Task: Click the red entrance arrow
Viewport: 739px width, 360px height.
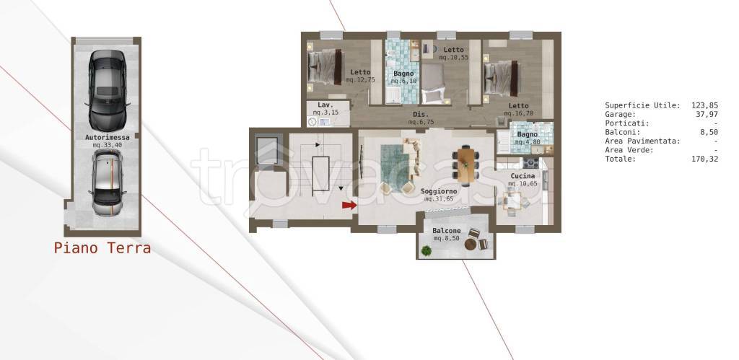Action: tap(349, 205)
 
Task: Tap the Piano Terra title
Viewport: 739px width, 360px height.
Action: tap(102, 248)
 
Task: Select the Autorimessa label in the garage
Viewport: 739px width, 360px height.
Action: tap(108, 138)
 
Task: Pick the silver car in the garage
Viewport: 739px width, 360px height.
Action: tap(108, 182)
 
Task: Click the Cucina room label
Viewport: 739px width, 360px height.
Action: tap(522, 176)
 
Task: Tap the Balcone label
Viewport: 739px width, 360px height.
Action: tap(447, 231)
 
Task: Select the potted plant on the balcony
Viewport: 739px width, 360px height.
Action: tap(426, 250)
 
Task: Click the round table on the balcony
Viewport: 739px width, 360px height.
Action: tap(471, 245)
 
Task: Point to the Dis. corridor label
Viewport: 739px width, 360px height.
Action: tap(421, 115)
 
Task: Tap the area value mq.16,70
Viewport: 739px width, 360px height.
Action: tap(518, 113)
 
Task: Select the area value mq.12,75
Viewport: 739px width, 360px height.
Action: tap(361, 80)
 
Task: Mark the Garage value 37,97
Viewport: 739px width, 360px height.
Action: tap(707, 115)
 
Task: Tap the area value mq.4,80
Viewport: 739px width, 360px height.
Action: tap(526, 142)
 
